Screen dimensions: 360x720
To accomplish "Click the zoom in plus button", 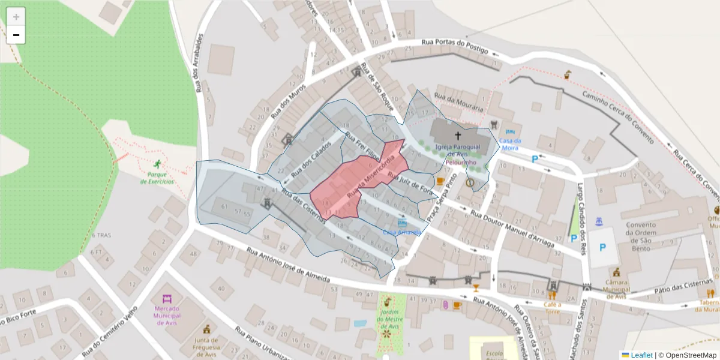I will pyautogui.click(x=16, y=17).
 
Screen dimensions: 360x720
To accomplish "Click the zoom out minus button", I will pyautogui.click(x=16, y=35).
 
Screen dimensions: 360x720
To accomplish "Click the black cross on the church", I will pyautogui.click(x=458, y=136).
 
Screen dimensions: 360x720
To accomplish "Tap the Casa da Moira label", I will pyautogui.click(x=511, y=144).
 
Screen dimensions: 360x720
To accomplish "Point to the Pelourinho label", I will pyautogui.click(x=461, y=163).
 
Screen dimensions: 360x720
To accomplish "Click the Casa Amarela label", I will pyautogui.click(x=401, y=232).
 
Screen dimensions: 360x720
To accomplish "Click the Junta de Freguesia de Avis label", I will pyautogui.click(x=206, y=346).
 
